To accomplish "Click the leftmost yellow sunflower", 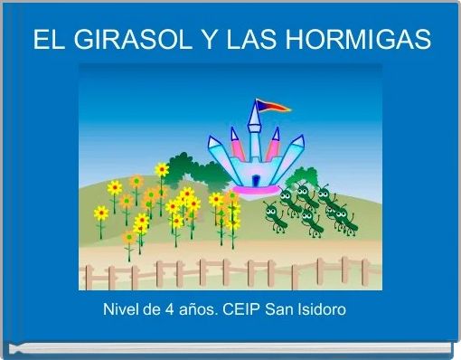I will [101, 213].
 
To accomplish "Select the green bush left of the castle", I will [185, 168].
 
